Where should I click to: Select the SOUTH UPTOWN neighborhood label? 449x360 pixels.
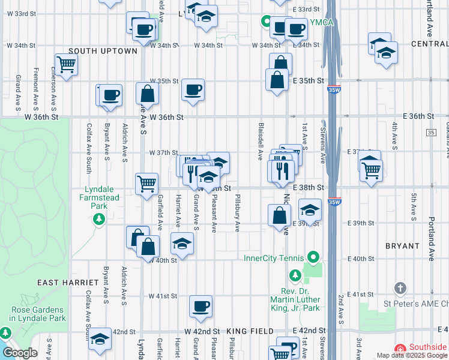coord(103,51)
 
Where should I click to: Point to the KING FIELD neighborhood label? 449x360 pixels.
coord(250,331)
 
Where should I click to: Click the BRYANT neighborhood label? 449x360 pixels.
coord(402,246)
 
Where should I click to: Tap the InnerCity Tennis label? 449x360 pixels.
coord(276,259)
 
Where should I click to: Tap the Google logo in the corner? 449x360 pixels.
coord(19,353)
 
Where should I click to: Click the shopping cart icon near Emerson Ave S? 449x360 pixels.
coord(66,64)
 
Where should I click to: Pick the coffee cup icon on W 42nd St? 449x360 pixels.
coord(200,306)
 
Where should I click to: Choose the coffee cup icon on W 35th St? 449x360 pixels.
coord(193,89)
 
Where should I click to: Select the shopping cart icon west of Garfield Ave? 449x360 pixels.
coord(146,184)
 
